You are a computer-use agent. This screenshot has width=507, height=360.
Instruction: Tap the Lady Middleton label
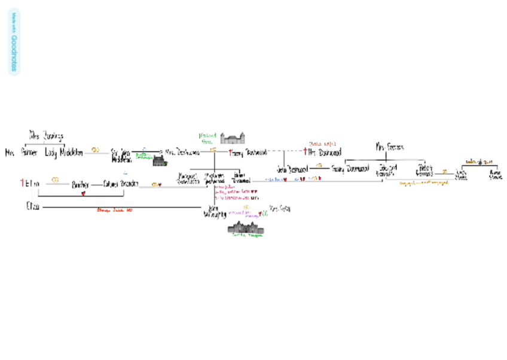tap(64, 152)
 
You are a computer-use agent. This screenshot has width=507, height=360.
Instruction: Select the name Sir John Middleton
tap(120, 155)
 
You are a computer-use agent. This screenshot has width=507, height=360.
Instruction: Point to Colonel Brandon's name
tap(121, 184)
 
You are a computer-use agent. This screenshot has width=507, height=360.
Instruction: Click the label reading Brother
tap(81, 184)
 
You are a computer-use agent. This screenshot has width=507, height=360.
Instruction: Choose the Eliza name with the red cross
tap(32, 183)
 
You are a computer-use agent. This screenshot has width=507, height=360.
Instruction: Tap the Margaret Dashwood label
tap(188, 178)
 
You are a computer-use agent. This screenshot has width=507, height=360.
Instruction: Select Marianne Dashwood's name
tap(214, 178)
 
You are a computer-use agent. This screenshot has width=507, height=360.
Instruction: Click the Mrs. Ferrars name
tap(389, 146)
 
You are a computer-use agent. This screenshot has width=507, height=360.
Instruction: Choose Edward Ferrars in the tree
tap(386, 170)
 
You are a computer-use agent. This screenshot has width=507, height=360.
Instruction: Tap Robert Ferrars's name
tap(425, 170)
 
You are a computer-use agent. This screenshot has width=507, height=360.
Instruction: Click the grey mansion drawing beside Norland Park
tap(234, 139)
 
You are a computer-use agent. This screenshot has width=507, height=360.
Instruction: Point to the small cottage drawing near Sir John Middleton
tap(160, 160)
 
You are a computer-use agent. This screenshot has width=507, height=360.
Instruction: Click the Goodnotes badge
tap(14, 41)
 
